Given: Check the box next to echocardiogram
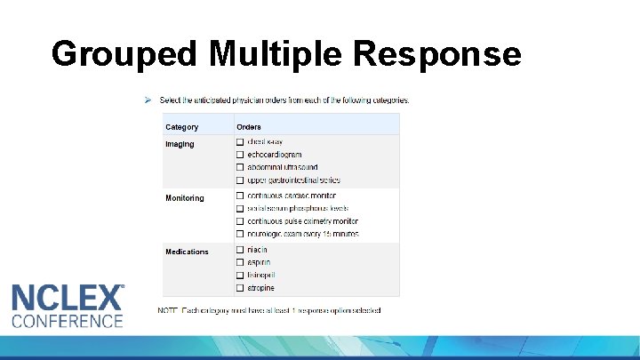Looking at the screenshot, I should click(240, 155).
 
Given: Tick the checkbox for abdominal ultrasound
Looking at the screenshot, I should click(240, 167).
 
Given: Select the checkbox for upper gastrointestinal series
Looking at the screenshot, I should click(240, 180).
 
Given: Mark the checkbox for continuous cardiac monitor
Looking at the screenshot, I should click(240, 195).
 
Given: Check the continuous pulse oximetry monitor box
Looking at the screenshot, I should click(240, 220).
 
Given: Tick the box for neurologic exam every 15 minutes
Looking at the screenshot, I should click(240, 234).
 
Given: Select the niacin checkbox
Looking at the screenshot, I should click(240, 250).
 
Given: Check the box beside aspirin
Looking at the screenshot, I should click(240, 262).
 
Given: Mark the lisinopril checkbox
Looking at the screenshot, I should click(240, 275).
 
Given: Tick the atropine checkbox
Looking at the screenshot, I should click(240, 288).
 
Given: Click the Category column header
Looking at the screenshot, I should click(182, 127).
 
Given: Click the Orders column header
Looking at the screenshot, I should click(249, 127).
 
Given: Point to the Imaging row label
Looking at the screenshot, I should click(180, 144).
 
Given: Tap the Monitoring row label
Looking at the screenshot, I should click(184, 198).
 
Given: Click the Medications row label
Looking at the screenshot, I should click(187, 252).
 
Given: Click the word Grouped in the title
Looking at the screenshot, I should click(125, 54).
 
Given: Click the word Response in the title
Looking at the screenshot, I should click(436, 54).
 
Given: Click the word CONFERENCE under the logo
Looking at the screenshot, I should click(67, 321).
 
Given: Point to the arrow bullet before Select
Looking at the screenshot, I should click(148, 100).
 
